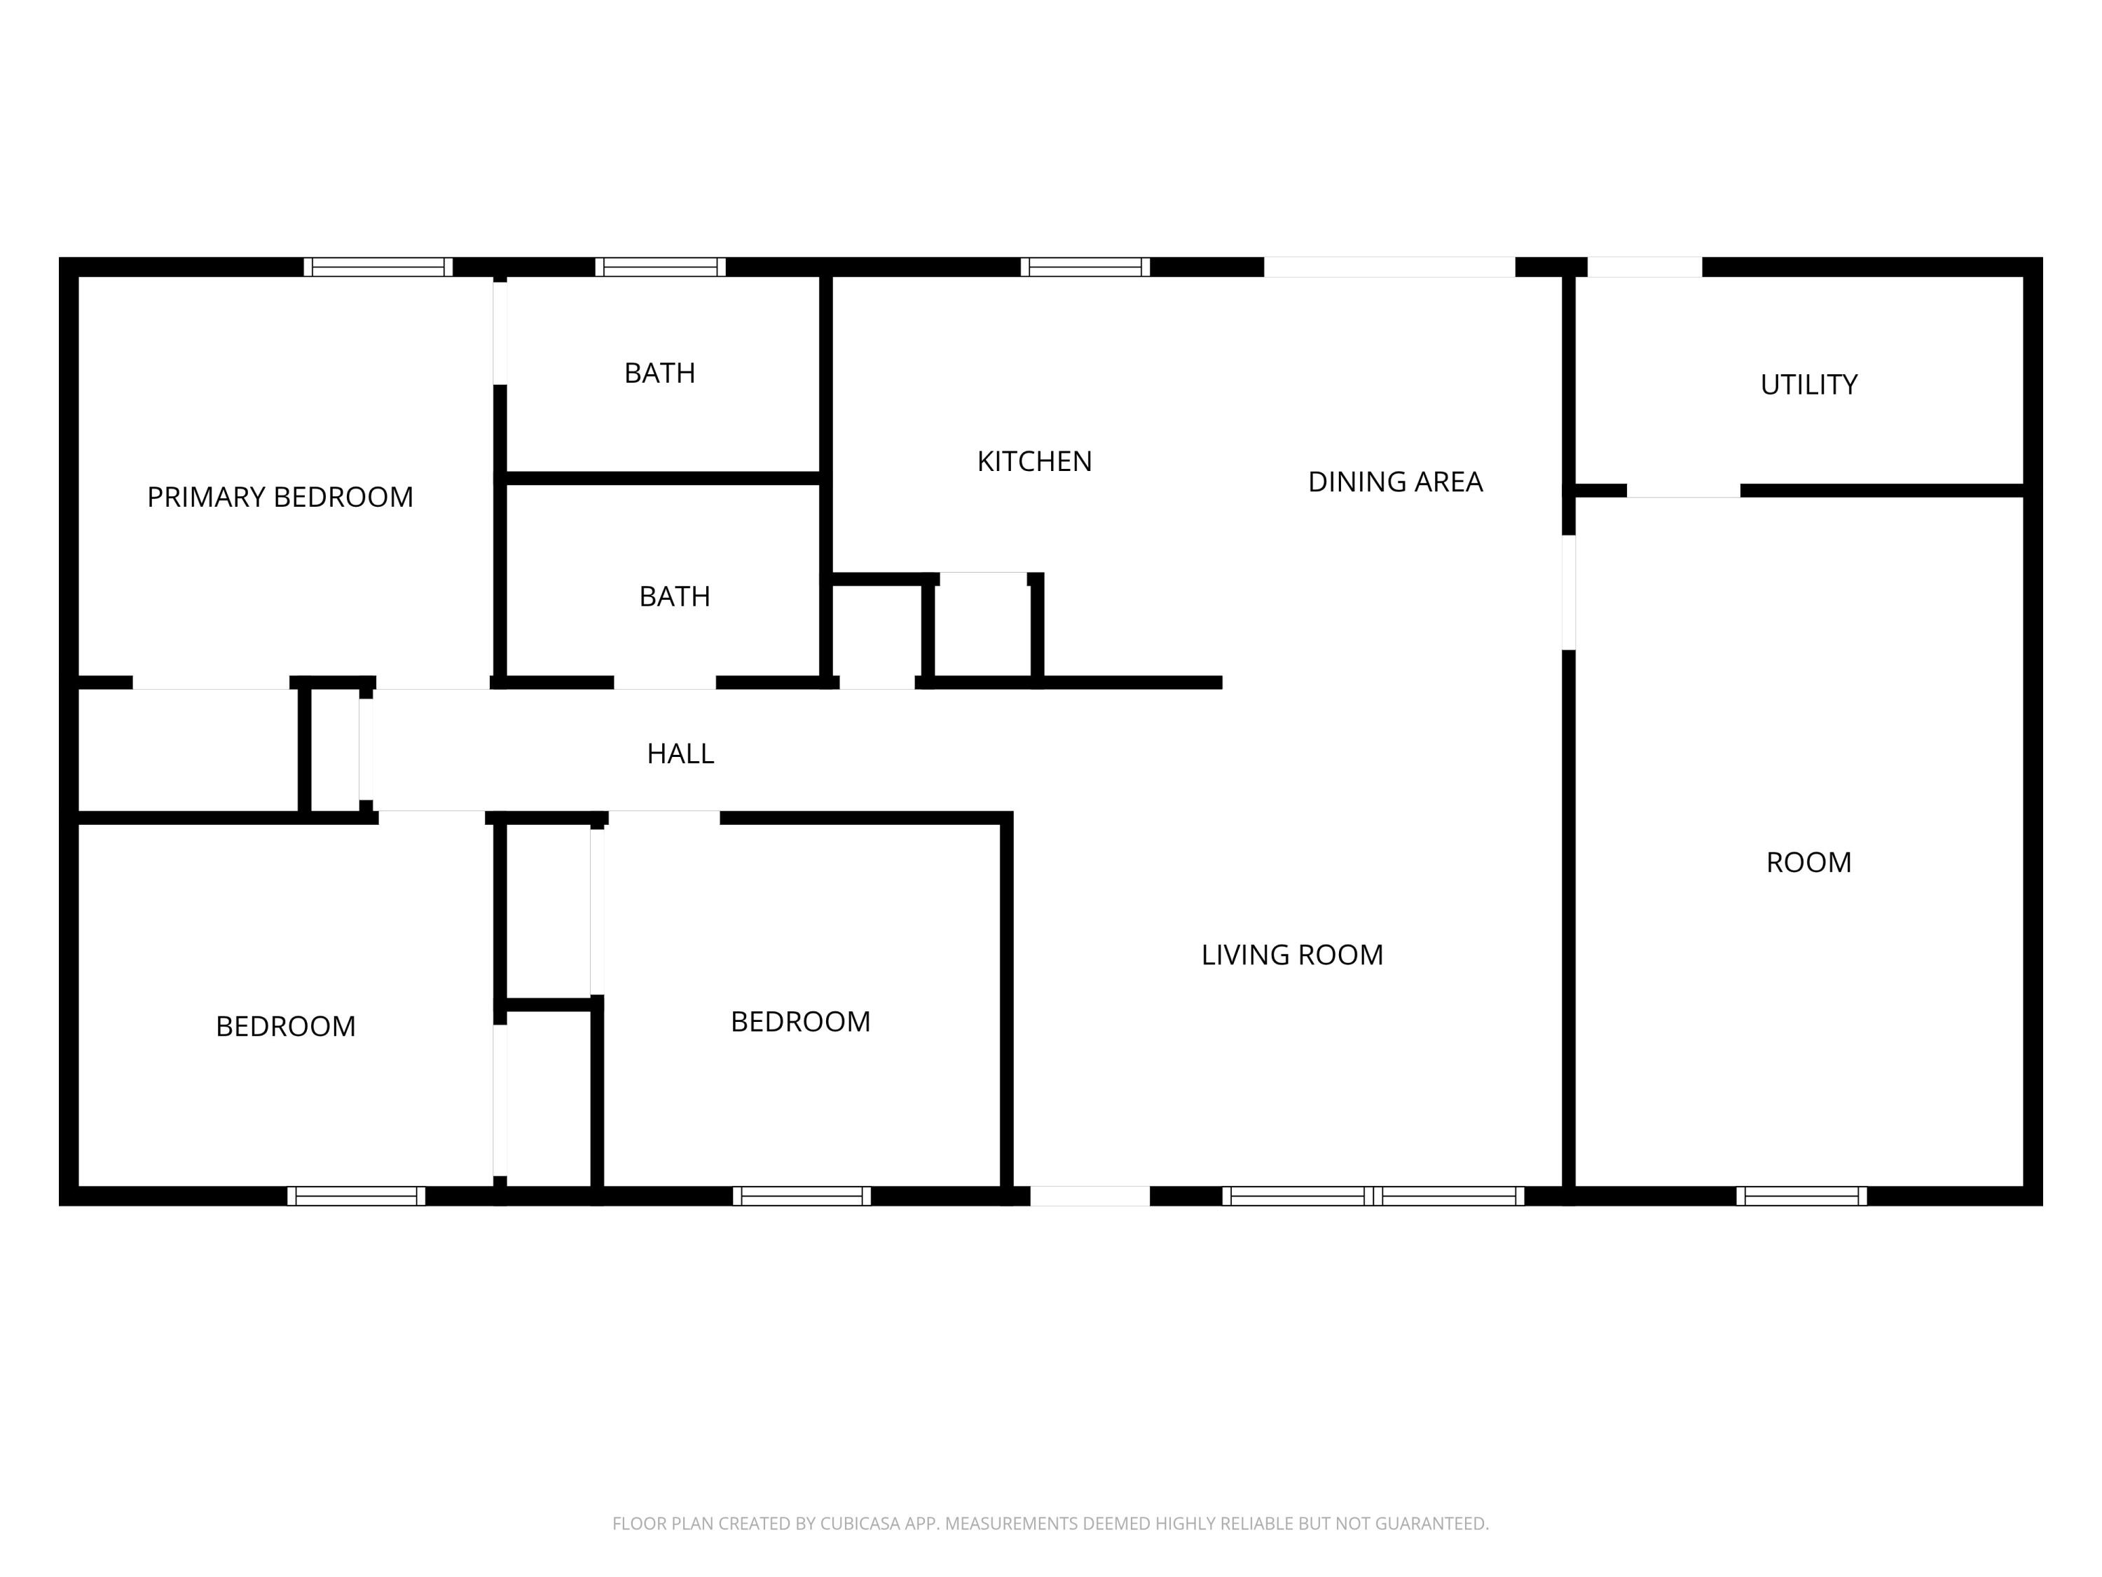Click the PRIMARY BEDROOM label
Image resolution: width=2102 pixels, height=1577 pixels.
[x=280, y=497]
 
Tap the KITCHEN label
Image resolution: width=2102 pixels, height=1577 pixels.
[x=1035, y=462]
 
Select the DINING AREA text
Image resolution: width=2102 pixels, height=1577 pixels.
[x=1395, y=482]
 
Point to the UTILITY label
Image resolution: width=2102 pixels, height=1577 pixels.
[x=1808, y=385]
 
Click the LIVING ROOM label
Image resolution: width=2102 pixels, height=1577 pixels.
[x=1292, y=955]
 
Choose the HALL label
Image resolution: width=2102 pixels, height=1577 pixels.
[x=680, y=753]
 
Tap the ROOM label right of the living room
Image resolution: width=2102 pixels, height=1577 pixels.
[x=1808, y=862]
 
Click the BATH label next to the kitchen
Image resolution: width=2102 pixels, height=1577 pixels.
[x=659, y=374]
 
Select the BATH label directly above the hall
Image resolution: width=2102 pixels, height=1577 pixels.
[x=675, y=597]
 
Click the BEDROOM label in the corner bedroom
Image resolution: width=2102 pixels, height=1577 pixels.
[x=286, y=1027]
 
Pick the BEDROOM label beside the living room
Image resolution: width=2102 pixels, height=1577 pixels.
[x=800, y=1022]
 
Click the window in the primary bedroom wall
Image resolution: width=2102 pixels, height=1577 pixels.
[x=378, y=267]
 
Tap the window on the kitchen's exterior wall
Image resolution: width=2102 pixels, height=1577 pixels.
[x=1085, y=267]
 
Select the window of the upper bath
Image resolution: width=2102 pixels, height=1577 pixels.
[x=661, y=267]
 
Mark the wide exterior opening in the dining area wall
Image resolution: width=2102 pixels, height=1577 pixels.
[x=1389, y=267]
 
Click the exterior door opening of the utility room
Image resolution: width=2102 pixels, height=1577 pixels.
[x=1645, y=267]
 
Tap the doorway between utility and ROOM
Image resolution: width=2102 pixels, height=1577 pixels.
[x=1684, y=491]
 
